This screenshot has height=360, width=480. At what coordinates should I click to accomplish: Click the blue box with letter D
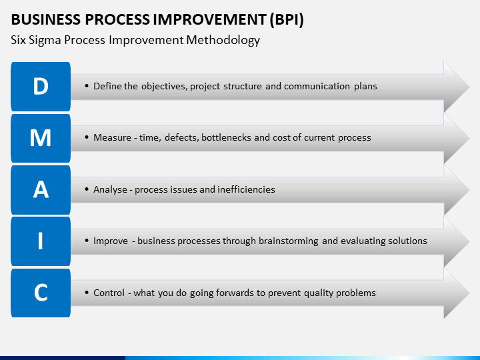[x=41, y=87]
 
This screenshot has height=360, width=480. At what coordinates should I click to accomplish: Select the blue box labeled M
[x=41, y=139]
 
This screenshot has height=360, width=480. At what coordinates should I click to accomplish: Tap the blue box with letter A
[x=41, y=190]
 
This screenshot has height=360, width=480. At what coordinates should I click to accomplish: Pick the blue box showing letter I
[x=41, y=241]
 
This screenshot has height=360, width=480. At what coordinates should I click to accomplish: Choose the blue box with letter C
[x=41, y=293]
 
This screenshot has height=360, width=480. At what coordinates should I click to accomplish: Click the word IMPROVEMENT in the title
[x=209, y=19]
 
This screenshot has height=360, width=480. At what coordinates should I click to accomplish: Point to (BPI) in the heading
[x=287, y=20]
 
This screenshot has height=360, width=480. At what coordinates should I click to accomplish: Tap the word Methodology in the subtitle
[x=223, y=41]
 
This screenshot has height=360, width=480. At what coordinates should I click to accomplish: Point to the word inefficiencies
[x=246, y=189]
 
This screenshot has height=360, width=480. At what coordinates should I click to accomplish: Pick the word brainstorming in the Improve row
[x=289, y=241]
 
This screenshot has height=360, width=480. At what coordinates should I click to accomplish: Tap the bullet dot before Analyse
[x=87, y=189]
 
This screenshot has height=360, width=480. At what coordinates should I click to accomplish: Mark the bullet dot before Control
[x=87, y=293]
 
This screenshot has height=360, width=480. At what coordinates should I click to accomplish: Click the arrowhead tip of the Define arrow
[x=469, y=87]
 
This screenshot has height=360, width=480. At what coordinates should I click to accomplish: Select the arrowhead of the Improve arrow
[x=457, y=241]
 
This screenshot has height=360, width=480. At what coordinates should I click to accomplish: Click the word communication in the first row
[x=317, y=86]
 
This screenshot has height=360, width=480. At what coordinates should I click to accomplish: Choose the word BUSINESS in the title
[x=46, y=19]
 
